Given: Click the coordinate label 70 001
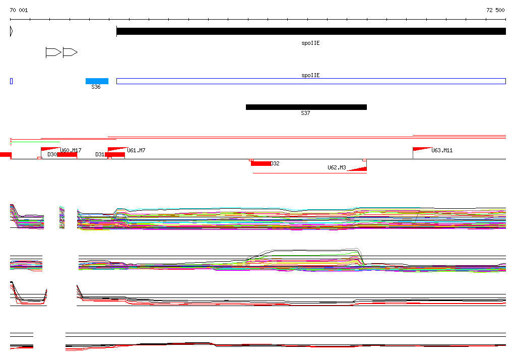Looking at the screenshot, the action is (19, 10).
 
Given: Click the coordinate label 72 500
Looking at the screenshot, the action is (495, 10).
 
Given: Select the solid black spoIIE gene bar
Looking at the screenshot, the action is (311, 31).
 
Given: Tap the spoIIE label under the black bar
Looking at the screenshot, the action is (310, 43).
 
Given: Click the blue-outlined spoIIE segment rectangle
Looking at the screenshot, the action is (311, 81).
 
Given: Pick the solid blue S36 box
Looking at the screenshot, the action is (97, 81).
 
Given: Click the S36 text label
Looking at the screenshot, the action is (96, 87).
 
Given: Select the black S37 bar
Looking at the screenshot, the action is (306, 107).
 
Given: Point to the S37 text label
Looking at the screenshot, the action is (305, 113).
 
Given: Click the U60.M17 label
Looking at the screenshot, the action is (71, 150).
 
